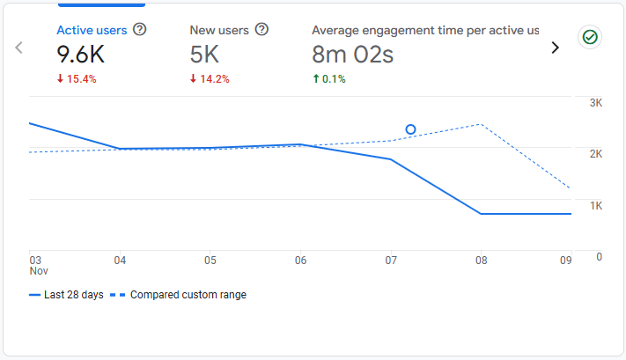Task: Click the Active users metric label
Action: click(x=92, y=30)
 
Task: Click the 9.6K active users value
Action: click(x=82, y=55)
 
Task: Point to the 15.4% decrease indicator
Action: click(x=77, y=78)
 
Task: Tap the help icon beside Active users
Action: click(x=139, y=30)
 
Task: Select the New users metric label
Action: click(x=219, y=30)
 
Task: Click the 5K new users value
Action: click(x=204, y=55)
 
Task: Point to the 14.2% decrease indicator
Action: click(x=210, y=78)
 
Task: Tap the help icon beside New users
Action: click(x=261, y=30)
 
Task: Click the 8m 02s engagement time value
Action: click(x=352, y=55)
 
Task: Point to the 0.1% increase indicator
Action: click(x=329, y=78)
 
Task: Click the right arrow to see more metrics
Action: click(x=555, y=48)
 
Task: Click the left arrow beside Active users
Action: click(x=18, y=48)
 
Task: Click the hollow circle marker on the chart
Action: click(x=410, y=129)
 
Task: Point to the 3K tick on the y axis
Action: click(x=595, y=103)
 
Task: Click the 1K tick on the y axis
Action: click(x=595, y=205)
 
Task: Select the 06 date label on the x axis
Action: click(x=300, y=261)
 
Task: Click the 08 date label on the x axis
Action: click(x=481, y=261)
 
